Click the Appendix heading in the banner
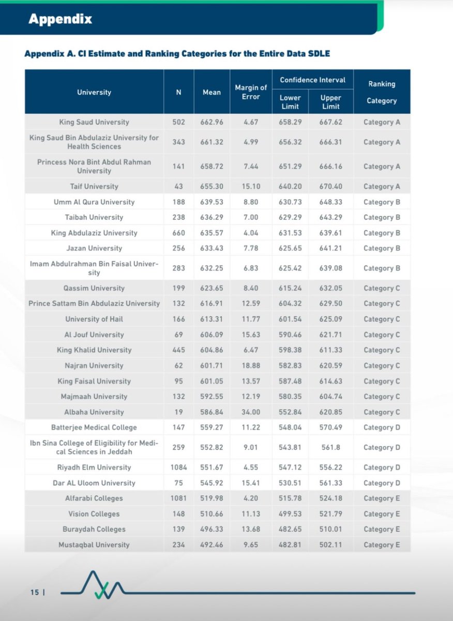(60, 20)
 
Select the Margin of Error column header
(251, 92)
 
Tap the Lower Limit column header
(290, 102)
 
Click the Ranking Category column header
(382, 92)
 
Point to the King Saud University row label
(94, 122)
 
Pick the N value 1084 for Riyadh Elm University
(178, 467)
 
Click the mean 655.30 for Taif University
(211, 186)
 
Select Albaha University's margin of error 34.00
(250, 412)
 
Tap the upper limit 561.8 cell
(330, 447)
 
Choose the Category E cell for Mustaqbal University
(382, 544)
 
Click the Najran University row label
(94, 365)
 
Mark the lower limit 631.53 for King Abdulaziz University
(290, 233)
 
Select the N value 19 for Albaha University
(178, 412)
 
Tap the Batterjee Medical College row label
(94, 427)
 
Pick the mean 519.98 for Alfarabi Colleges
(211, 498)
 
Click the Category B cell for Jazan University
(382, 248)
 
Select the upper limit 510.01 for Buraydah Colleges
(331, 529)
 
